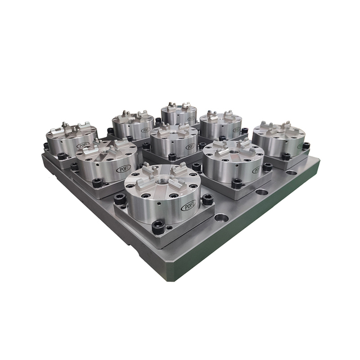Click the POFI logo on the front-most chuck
click(x=188, y=206)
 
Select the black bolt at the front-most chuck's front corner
click(x=158, y=228)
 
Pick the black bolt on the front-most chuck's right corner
click(x=207, y=199)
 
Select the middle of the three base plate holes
click(x=262, y=192)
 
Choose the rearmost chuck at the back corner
click(x=179, y=114)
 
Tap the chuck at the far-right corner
click(x=278, y=138)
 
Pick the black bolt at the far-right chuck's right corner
click(x=306, y=146)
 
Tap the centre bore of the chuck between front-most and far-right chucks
click(x=233, y=153)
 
